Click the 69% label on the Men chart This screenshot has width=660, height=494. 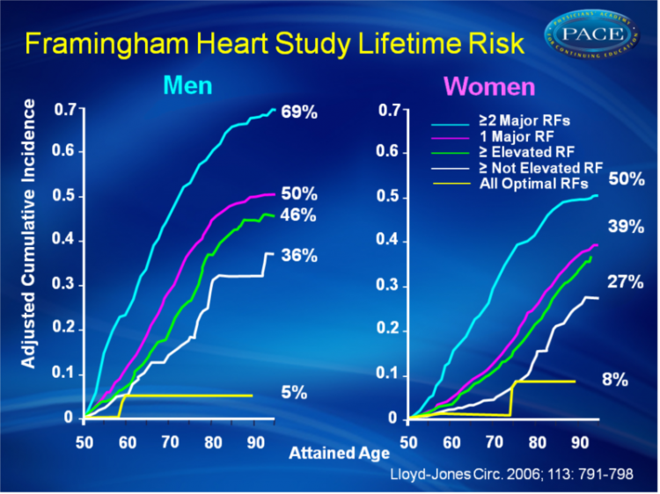299,114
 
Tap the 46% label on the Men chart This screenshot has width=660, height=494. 299,215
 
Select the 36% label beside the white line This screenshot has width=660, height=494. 299,256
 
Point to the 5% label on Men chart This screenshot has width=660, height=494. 294,393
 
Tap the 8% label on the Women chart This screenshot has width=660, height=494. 614,380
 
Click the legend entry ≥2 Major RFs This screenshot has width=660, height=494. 514,118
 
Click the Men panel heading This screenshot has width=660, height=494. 187,87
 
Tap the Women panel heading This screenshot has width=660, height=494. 489,87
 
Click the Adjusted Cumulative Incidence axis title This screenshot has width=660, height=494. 30,234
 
